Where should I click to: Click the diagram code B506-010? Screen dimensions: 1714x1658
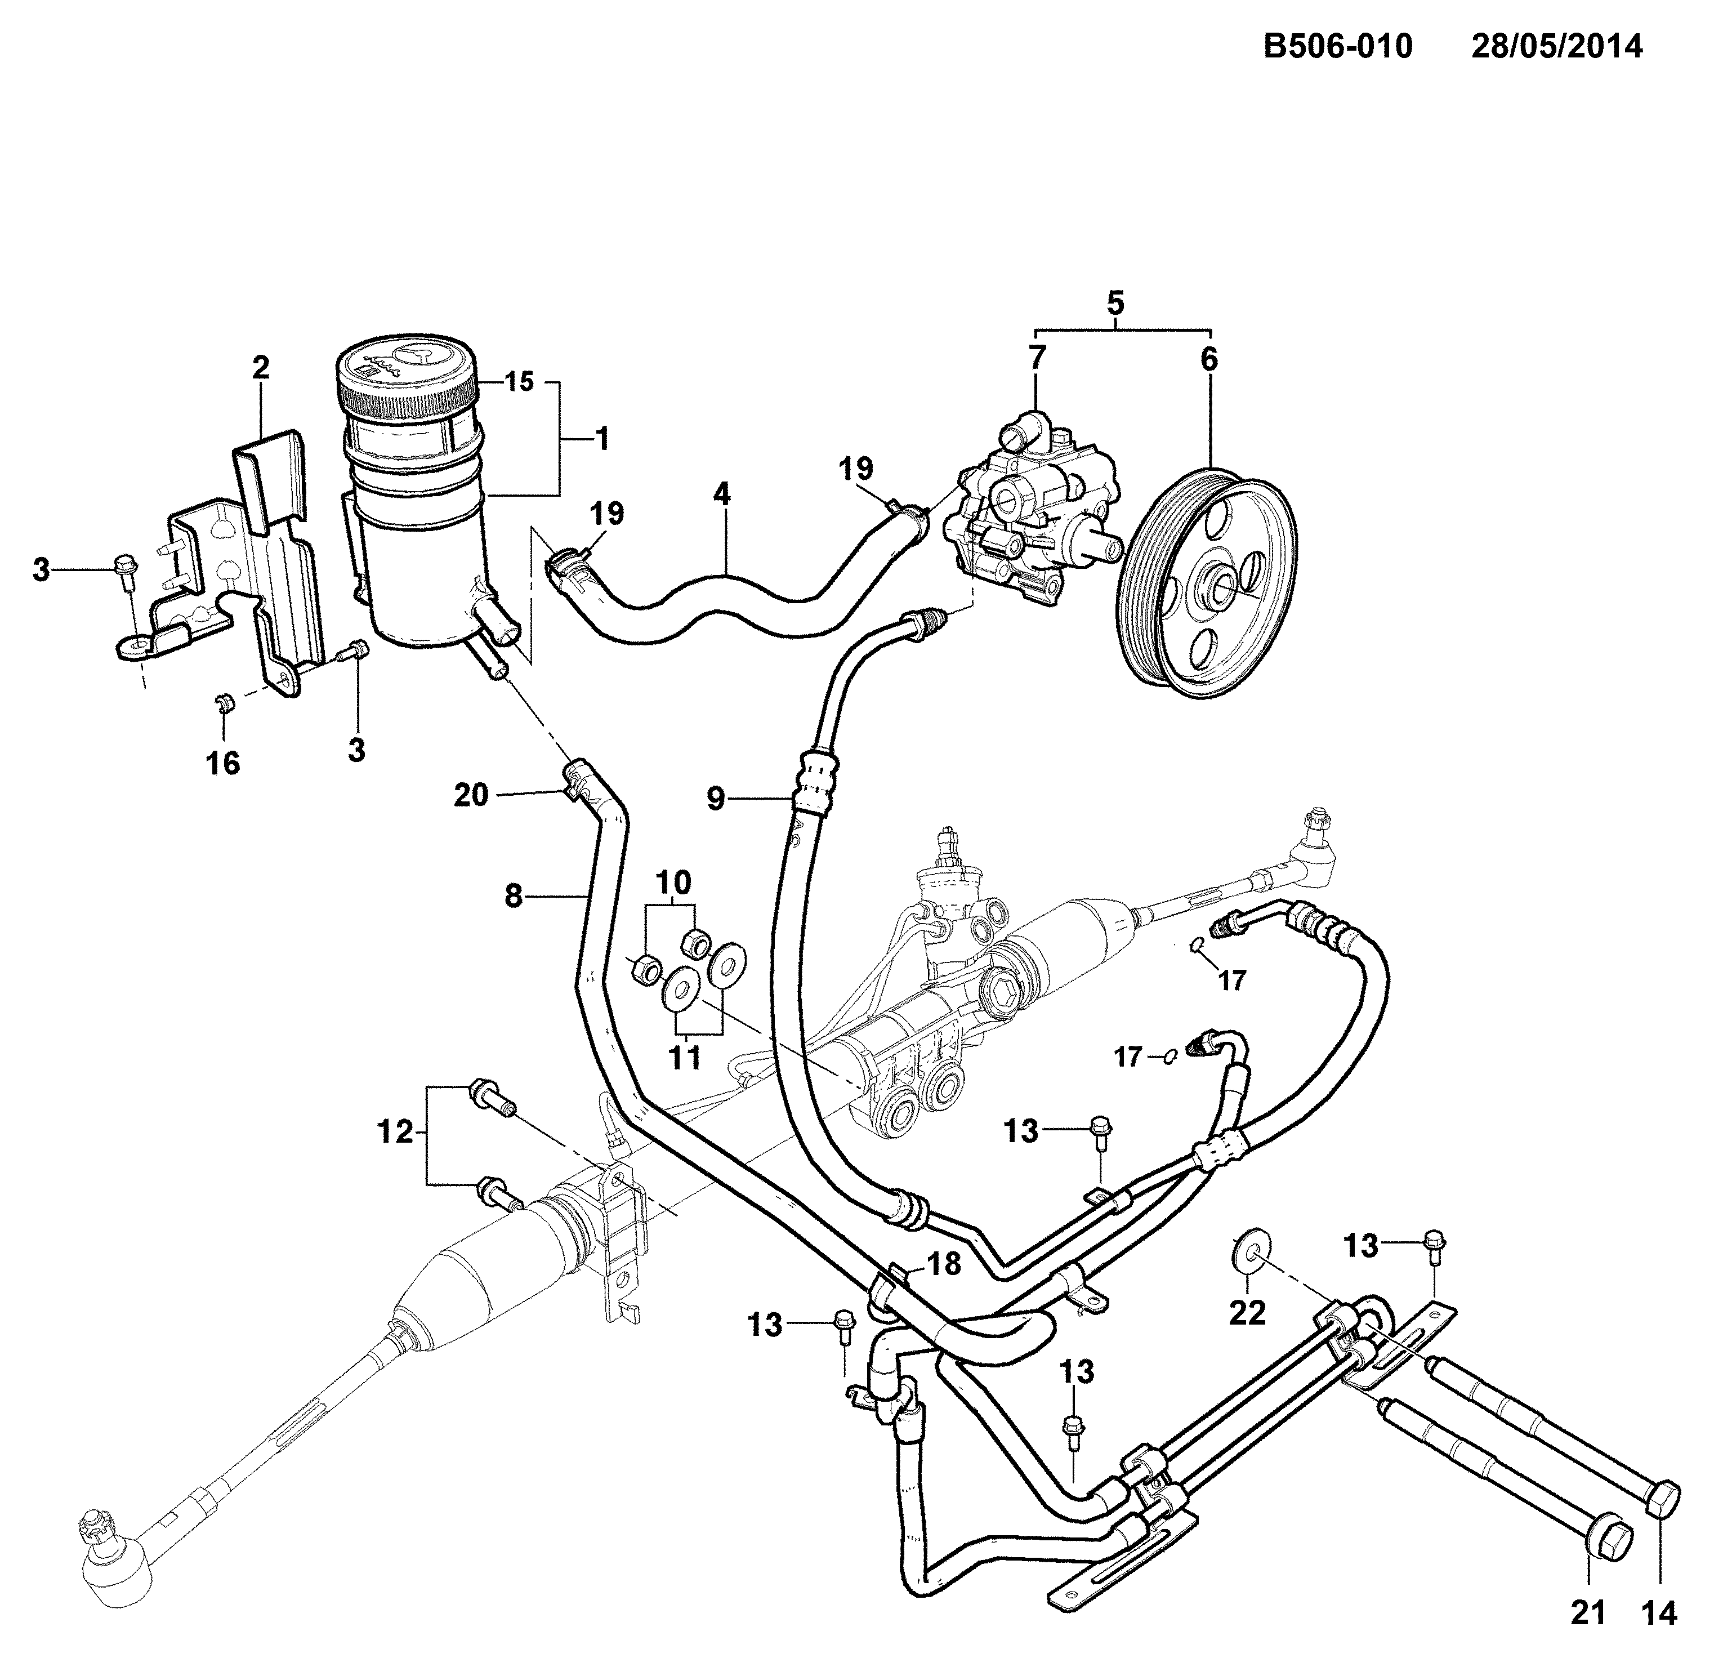coord(1338,46)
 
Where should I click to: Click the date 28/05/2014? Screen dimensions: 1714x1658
coord(1557,46)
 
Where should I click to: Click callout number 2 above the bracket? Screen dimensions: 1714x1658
coord(261,368)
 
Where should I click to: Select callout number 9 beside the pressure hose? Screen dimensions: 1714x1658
coord(716,799)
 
